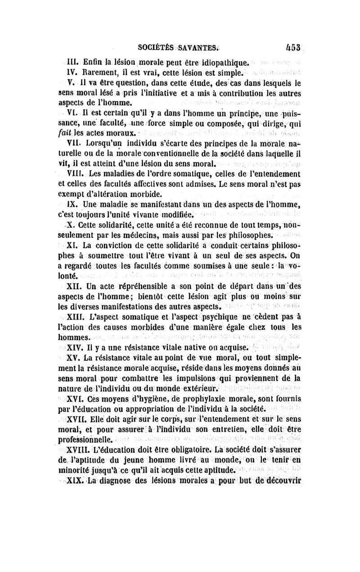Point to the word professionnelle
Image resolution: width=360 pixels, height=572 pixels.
(x=88, y=440)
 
